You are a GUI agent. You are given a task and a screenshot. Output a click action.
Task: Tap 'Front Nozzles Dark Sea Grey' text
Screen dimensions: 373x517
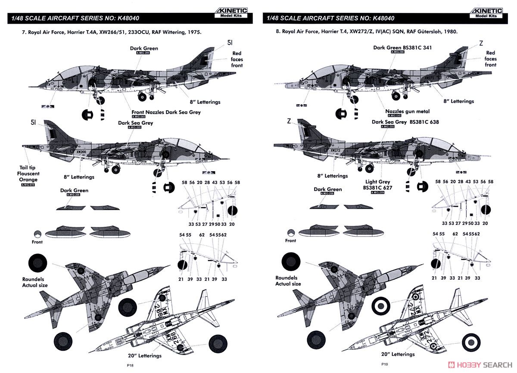166,112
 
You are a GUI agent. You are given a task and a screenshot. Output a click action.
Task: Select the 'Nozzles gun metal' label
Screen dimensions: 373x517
404,111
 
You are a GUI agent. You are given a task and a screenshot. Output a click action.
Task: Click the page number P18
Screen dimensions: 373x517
131,364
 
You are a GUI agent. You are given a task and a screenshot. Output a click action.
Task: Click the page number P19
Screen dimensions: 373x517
384,364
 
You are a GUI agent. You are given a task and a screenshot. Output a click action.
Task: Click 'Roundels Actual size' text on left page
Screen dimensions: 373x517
35,282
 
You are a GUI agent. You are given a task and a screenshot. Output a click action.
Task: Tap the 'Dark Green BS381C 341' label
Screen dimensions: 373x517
402,48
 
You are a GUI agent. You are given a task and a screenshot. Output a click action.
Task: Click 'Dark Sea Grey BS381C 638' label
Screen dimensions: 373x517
405,122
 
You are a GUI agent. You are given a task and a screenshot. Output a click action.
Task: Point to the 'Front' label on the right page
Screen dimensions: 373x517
291,240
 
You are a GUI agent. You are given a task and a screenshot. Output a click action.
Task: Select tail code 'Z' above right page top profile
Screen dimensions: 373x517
481,43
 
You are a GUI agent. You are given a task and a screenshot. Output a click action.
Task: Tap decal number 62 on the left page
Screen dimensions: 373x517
202,234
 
